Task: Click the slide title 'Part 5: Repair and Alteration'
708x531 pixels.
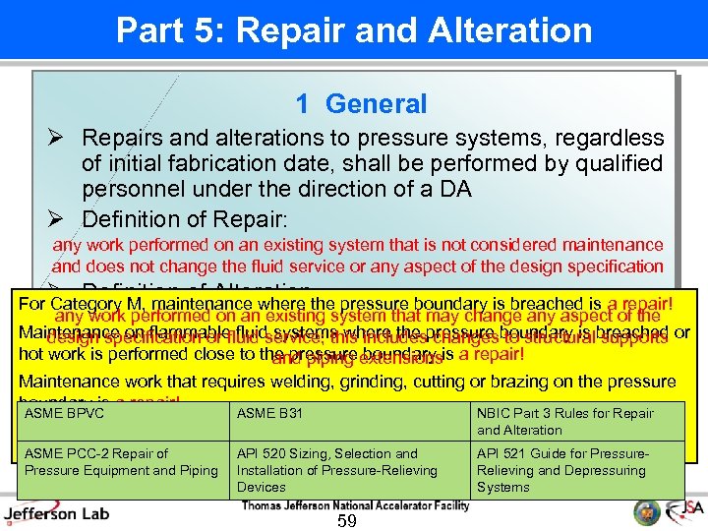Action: [354, 29]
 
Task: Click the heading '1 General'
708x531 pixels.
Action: [361, 104]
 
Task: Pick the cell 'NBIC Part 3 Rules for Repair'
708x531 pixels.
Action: [578, 421]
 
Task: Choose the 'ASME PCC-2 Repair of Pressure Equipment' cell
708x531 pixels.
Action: [122, 462]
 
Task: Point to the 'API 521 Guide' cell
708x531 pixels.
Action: [578, 470]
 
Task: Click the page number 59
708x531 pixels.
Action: [346, 520]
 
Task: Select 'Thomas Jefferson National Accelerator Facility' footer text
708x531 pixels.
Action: [355, 505]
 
